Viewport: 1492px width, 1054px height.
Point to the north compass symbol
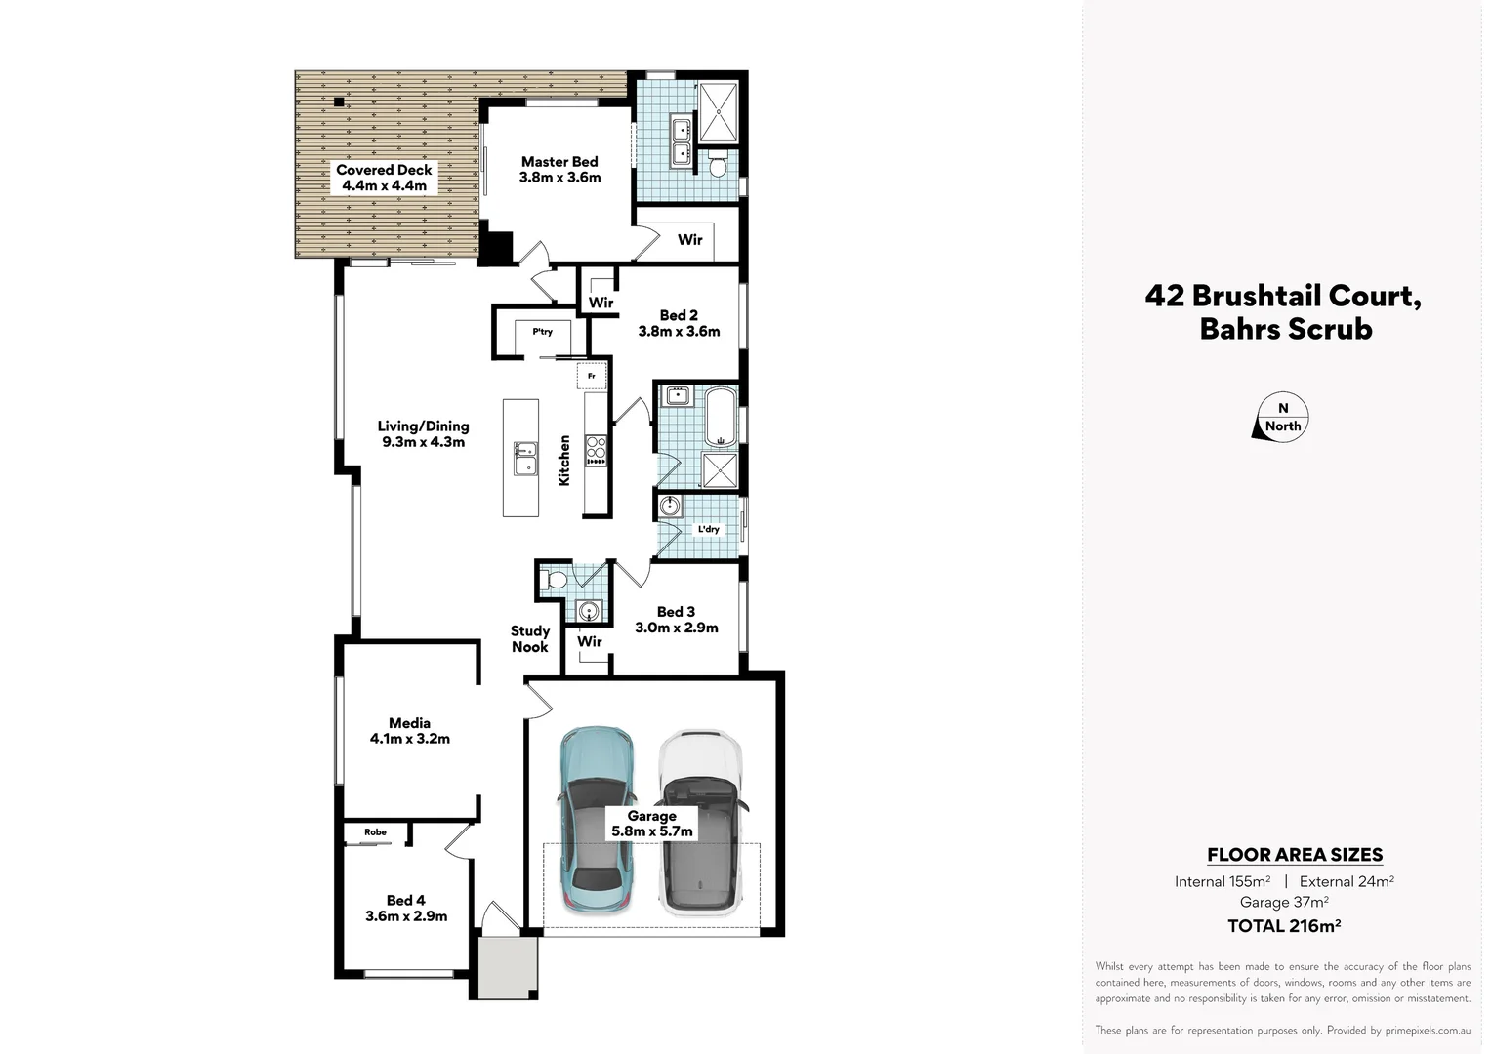[1282, 418]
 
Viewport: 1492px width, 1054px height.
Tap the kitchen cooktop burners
[596, 451]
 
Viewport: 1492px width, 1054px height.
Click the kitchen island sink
[525, 458]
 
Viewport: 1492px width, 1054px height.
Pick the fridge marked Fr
[592, 375]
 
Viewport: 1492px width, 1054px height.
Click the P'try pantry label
[542, 332]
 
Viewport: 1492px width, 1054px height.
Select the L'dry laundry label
[708, 529]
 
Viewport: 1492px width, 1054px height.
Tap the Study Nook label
[530, 639]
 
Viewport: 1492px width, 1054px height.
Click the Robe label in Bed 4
[375, 832]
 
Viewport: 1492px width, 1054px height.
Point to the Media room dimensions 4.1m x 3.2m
[410, 739]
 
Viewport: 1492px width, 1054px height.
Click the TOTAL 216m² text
[1284, 926]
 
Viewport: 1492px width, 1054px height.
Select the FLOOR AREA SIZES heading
[1295, 855]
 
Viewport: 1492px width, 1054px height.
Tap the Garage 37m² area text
[1284, 903]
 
